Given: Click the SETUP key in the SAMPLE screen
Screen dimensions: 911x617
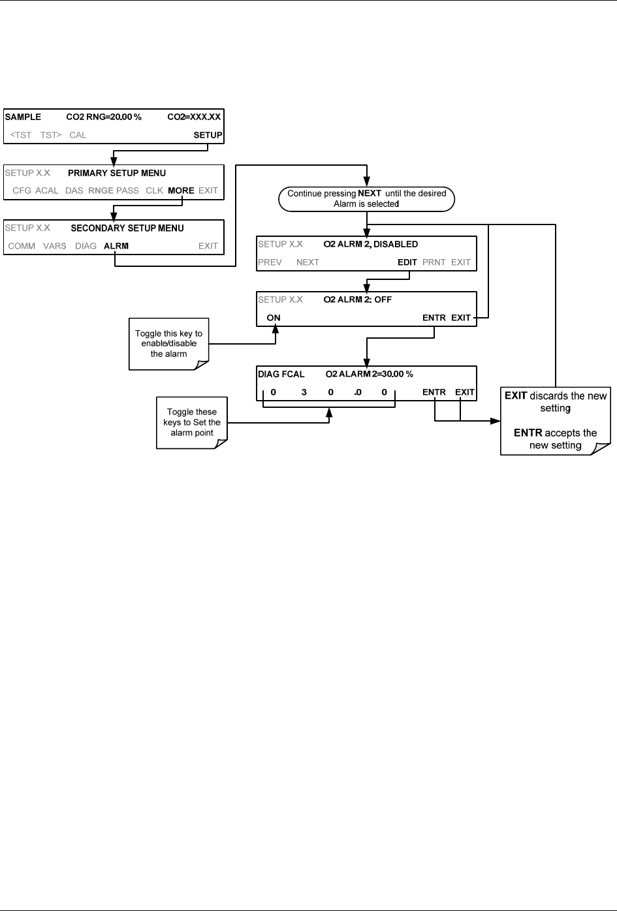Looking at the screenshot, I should [x=208, y=135].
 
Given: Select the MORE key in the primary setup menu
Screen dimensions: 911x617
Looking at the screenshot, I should [x=181, y=191].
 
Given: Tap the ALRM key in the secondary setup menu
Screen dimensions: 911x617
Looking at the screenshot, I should [x=116, y=246].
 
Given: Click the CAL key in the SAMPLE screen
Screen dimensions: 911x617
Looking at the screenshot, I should [x=78, y=135].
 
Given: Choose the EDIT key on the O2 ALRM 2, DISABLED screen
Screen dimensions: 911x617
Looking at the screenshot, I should [x=407, y=262].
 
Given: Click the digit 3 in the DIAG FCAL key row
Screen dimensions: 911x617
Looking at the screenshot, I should [x=304, y=392].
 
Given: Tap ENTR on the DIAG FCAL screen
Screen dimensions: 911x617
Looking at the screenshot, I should [x=434, y=392].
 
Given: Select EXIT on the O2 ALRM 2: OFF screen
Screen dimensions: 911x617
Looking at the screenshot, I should [x=461, y=318].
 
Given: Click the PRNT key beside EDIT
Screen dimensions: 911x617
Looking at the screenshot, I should [x=434, y=262].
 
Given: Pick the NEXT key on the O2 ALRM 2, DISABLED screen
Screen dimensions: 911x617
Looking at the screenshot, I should [x=308, y=262].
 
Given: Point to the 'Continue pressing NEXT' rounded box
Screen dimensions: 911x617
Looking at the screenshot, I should [x=366, y=199].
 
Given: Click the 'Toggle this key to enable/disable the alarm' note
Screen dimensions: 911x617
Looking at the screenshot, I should [x=168, y=344].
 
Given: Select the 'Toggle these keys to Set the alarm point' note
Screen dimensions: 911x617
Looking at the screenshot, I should [x=191, y=422].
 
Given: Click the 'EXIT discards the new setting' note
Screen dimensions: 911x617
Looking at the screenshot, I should [x=555, y=420].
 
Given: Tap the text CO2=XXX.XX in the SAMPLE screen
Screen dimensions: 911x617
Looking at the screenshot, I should [x=194, y=117].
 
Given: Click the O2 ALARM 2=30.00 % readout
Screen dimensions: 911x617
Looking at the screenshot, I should [x=369, y=374].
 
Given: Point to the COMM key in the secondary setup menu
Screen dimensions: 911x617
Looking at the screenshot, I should [x=22, y=246].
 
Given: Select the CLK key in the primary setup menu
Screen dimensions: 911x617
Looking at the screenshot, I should [x=154, y=191].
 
